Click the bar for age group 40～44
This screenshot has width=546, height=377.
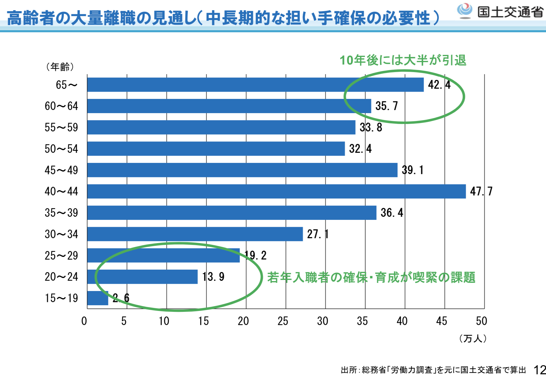(276, 191)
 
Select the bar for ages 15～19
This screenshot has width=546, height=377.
(97, 298)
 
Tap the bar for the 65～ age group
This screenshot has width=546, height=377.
(255, 85)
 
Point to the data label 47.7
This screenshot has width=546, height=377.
(481, 191)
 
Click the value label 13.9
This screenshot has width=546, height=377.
(213, 277)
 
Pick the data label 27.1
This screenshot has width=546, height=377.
(318, 234)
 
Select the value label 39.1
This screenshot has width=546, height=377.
(412, 170)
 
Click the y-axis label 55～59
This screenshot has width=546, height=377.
(61, 127)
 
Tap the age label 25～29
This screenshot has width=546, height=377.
(61, 255)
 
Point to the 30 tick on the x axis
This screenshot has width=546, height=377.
(322, 321)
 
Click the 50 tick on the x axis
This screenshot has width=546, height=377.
(481, 321)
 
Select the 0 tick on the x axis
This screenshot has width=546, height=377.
(84, 321)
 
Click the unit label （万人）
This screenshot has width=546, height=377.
(473, 338)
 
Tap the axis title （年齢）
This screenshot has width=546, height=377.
(60, 67)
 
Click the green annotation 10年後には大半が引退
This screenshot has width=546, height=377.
(403, 60)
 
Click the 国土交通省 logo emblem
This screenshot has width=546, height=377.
(465, 11)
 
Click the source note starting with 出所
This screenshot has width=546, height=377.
(433, 370)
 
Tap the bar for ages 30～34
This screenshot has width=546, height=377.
(195, 234)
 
